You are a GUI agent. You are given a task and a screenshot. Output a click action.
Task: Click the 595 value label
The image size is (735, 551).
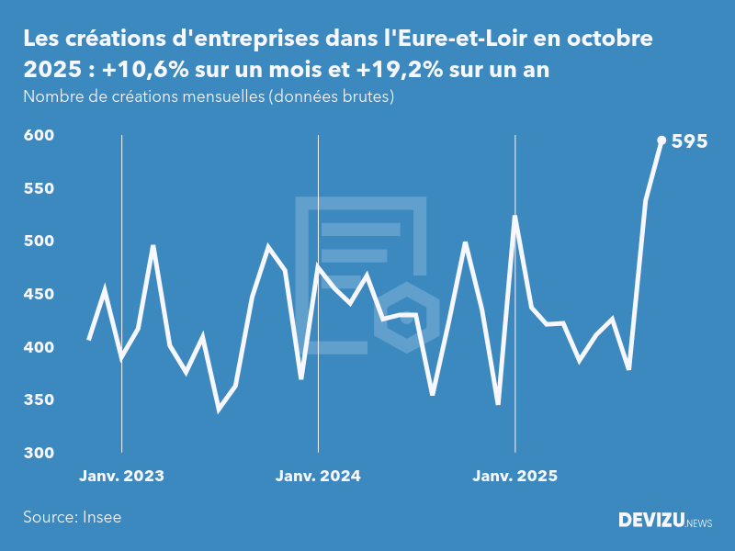[x=689, y=141]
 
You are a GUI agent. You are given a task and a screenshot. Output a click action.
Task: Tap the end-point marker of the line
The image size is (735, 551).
[x=661, y=141]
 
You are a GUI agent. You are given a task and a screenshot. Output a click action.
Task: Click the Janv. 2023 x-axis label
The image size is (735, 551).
[x=121, y=476]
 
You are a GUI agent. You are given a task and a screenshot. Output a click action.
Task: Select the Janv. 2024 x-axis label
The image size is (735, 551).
[x=318, y=476]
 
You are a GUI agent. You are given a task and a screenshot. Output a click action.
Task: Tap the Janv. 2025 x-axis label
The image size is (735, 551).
[x=514, y=476]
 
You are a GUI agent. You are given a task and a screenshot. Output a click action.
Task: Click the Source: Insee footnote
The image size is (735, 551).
[x=73, y=517]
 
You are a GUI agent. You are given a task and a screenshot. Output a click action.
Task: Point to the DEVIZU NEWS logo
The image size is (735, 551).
[x=665, y=521]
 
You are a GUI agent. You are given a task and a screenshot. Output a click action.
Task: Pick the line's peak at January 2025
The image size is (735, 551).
[x=515, y=217]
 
